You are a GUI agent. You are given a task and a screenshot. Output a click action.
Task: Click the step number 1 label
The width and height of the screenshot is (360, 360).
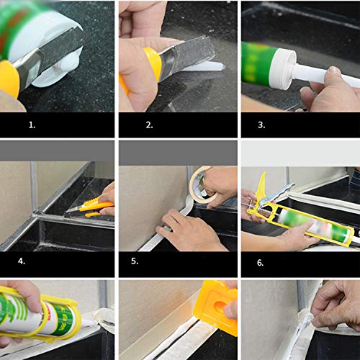[x=31, y=125]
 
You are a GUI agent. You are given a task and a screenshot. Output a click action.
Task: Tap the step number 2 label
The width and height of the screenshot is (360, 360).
[x=150, y=125]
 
